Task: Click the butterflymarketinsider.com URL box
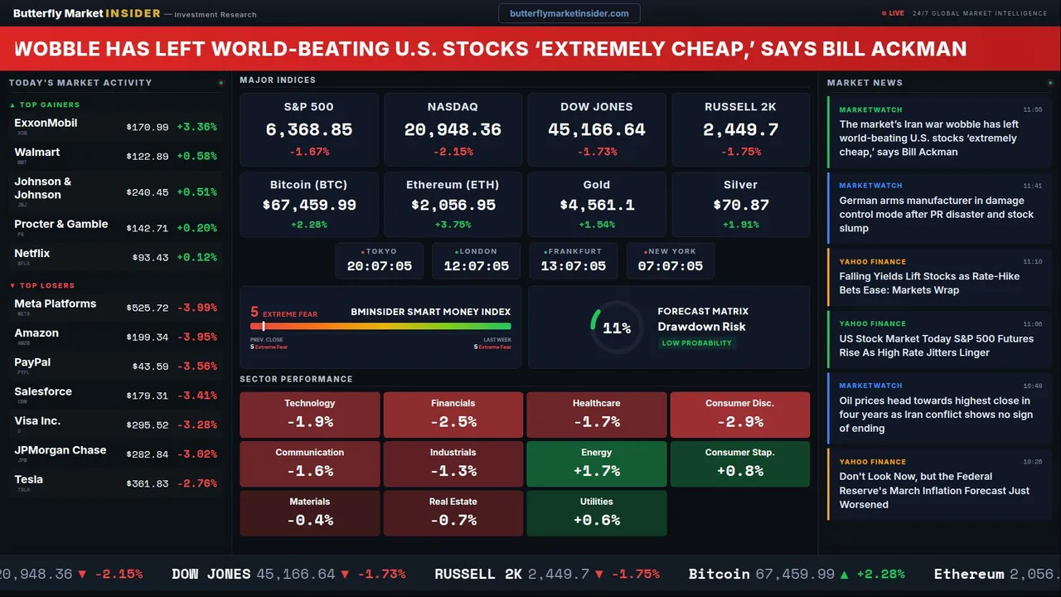[569, 13]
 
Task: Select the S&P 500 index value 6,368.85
[309, 130]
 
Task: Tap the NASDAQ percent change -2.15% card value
[453, 152]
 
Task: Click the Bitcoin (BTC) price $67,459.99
[309, 205]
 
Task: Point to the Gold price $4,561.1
[597, 205]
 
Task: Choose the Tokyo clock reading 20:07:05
[379, 266]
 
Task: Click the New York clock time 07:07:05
[670, 266]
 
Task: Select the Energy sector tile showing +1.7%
[597, 464]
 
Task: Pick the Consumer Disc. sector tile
[739, 415]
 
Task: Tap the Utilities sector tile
[597, 513]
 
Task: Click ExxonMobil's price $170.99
[148, 128]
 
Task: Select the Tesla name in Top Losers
[29, 479]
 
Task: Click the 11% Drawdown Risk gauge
[616, 328]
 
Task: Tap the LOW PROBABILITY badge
[696, 343]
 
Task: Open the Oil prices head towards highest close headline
[936, 415]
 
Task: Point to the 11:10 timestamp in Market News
[1032, 261]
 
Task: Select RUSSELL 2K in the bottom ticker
[478, 574]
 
